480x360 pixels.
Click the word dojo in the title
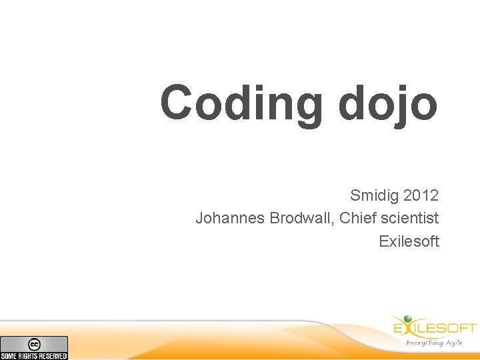387,103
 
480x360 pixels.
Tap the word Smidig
374,196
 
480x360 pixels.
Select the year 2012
421,196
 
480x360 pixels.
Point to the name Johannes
230,218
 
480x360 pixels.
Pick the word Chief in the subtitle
358,218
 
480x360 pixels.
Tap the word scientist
409,218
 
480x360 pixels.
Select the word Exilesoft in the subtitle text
409,241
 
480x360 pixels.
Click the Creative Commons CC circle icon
34,344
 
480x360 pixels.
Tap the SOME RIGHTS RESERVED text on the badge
34,356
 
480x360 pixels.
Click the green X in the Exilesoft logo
407,327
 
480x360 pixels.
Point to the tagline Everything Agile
434,343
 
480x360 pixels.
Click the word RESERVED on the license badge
53,356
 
